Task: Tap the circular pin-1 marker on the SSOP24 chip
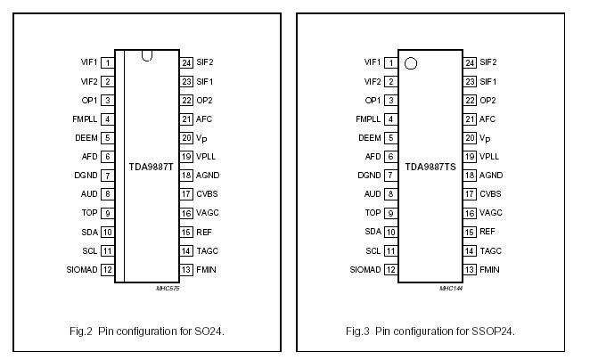tap(411, 63)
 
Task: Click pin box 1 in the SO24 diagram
tap(107, 63)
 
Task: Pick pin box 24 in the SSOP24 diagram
tap(469, 62)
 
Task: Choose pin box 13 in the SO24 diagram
tap(187, 269)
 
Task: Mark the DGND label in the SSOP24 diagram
tap(369, 176)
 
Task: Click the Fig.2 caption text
tap(149, 331)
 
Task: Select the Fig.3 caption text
tap(430, 331)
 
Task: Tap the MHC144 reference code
tap(451, 289)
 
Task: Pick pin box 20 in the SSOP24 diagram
tap(469, 138)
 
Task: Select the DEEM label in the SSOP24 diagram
tap(370, 138)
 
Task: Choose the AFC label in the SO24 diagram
tap(206, 119)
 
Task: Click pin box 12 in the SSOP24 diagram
tap(389, 269)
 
